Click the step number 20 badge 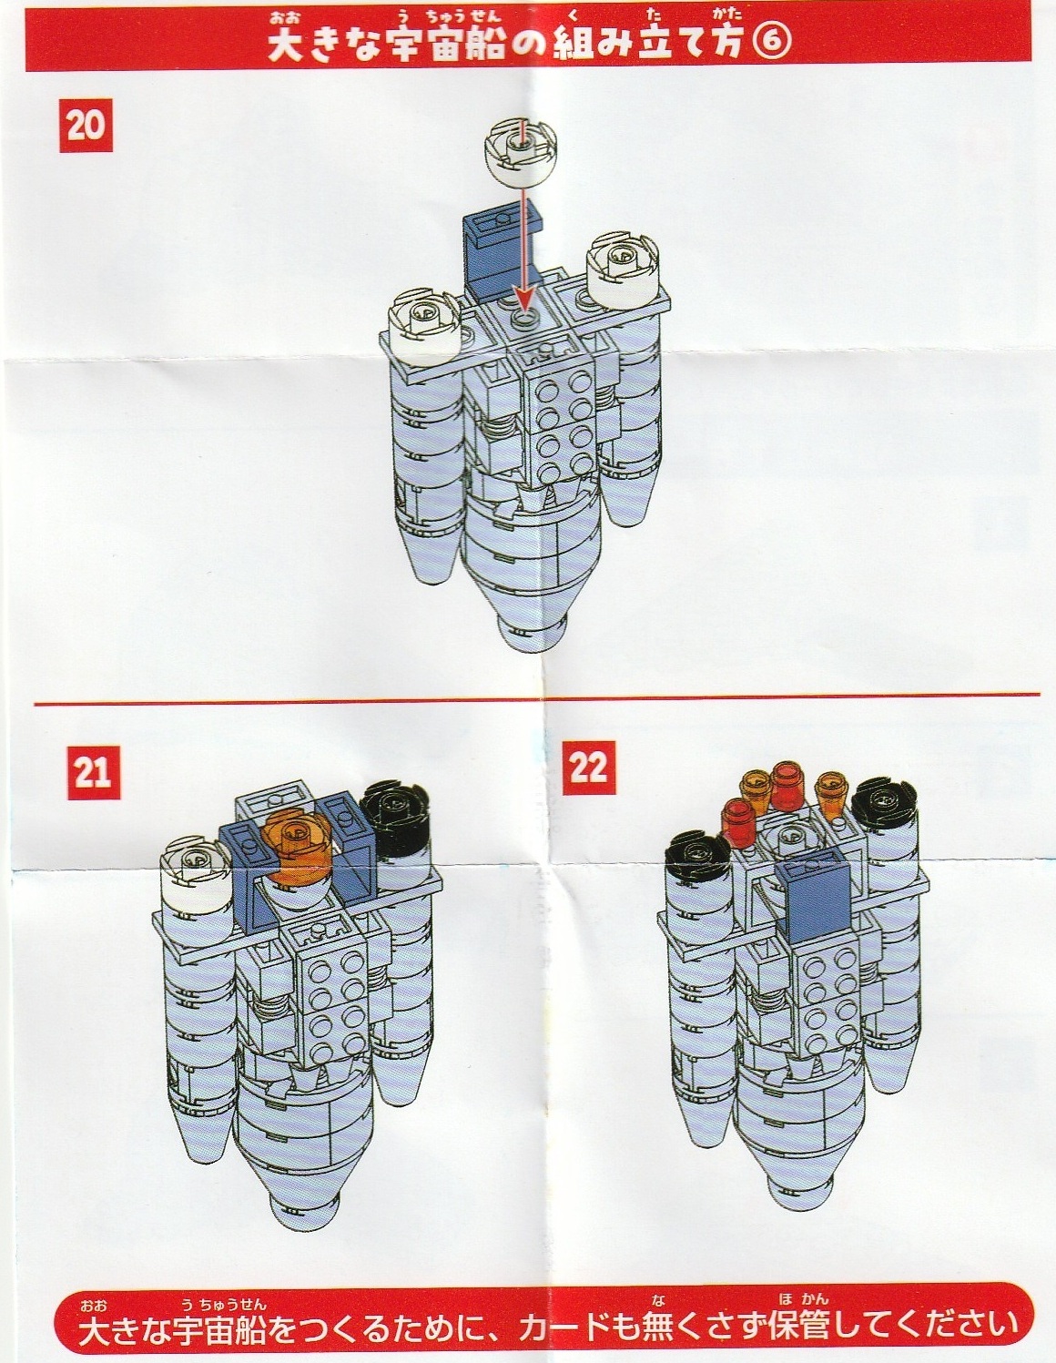click(86, 126)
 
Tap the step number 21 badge click(94, 772)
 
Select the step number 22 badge click(589, 768)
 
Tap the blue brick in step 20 click(503, 256)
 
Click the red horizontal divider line click(537, 698)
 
